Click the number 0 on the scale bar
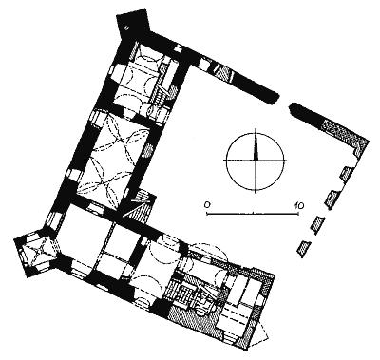tap(207, 205)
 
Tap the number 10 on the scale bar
tap(299, 205)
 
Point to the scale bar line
tap(253, 214)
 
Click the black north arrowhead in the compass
tap(256, 146)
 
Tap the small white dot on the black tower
tap(126, 28)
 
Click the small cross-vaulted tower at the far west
tap(36, 251)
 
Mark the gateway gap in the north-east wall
tap(284, 102)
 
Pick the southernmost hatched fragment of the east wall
tap(304, 247)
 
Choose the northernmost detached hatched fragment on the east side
tap(347, 173)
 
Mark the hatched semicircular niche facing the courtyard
tap(148, 151)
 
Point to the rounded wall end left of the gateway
tap(274, 98)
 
